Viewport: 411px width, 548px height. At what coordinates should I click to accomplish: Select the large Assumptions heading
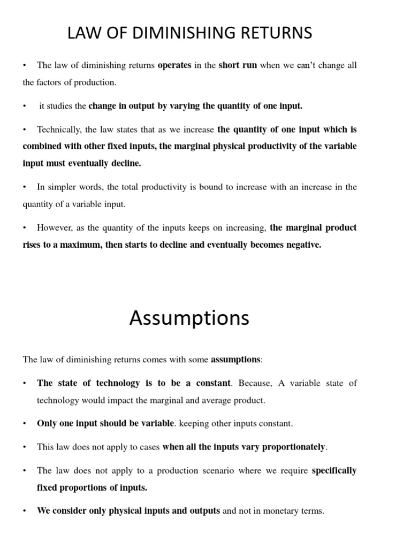click(189, 318)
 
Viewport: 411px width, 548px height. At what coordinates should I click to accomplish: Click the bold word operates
click(174, 65)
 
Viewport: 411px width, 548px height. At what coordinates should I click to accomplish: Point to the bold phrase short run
click(238, 65)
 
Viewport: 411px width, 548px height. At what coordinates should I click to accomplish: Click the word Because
click(255, 383)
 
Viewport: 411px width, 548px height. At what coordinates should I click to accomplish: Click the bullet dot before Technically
click(25, 130)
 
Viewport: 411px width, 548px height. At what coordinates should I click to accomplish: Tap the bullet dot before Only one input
click(25, 423)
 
